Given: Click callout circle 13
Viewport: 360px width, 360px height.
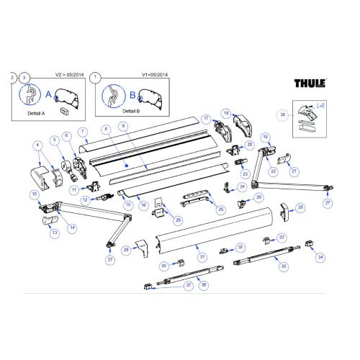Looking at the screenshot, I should pos(53,233).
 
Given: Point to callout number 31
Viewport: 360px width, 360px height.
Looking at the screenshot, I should pos(203,257).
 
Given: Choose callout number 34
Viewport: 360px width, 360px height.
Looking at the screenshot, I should pos(320,256).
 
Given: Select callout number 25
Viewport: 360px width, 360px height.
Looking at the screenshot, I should pos(220,209).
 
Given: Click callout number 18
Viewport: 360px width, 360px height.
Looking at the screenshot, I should pos(225,114).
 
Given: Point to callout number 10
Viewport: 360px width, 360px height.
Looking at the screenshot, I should pos(34,194).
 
